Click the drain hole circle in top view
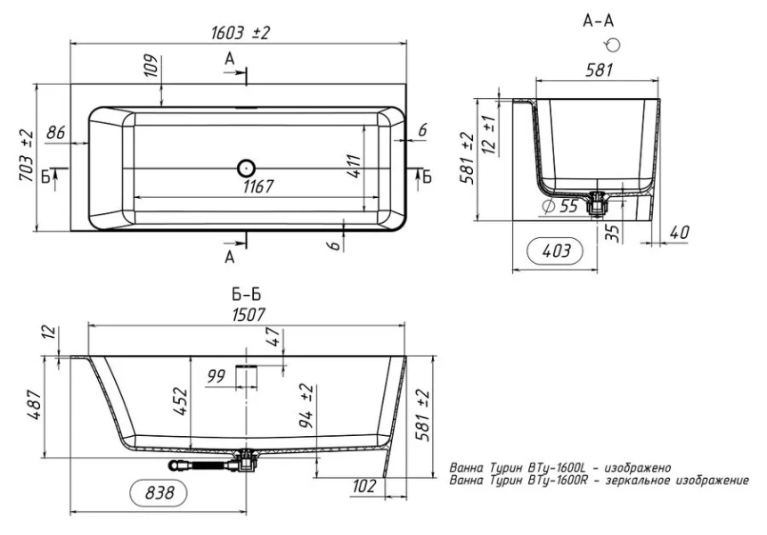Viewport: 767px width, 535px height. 246,167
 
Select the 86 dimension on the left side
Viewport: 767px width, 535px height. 56,133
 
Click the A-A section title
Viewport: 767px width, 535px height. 598,20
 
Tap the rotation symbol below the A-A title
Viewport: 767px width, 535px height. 611,45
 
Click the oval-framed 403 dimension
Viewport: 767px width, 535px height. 556,252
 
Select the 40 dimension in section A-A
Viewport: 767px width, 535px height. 678,233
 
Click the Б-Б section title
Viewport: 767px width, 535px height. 246,293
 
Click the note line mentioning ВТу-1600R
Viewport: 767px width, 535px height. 600,481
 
